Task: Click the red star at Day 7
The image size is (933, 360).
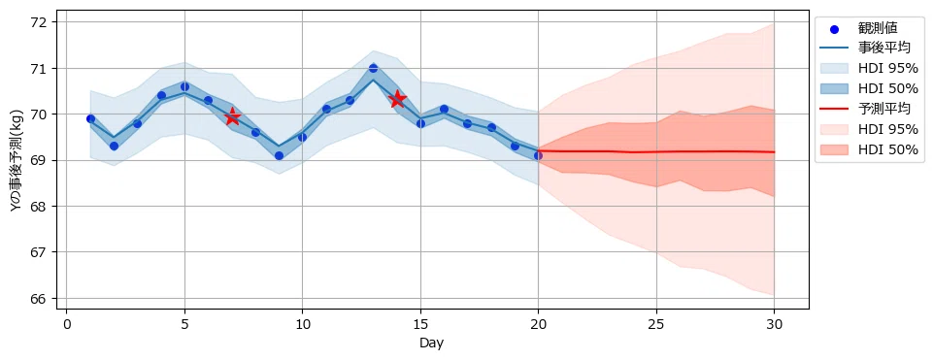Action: point(232,117)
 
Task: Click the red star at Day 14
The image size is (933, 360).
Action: point(397,99)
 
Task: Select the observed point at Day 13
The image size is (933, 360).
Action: point(373,68)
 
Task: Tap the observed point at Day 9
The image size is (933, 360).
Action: point(279,155)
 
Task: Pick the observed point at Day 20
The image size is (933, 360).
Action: point(538,155)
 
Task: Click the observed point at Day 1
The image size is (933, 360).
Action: point(90,118)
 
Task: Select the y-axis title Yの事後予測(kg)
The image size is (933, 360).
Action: point(17,161)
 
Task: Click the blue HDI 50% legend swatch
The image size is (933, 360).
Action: point(836,88)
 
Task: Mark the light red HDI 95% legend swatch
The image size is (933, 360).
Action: point(836,130)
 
